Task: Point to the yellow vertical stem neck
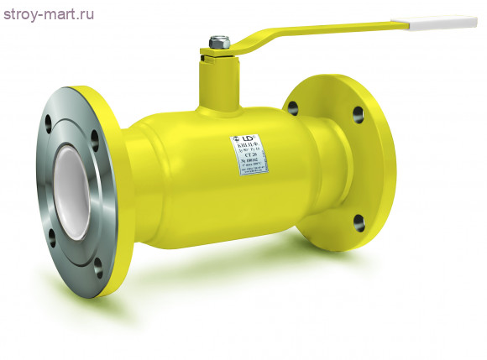click(216, 80)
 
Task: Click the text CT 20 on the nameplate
click(249, 157)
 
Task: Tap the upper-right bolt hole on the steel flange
click(93, 137)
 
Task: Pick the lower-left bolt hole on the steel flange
click(54, 234)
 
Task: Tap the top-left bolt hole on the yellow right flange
click(293, 107)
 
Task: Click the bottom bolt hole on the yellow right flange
click(359, 222)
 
